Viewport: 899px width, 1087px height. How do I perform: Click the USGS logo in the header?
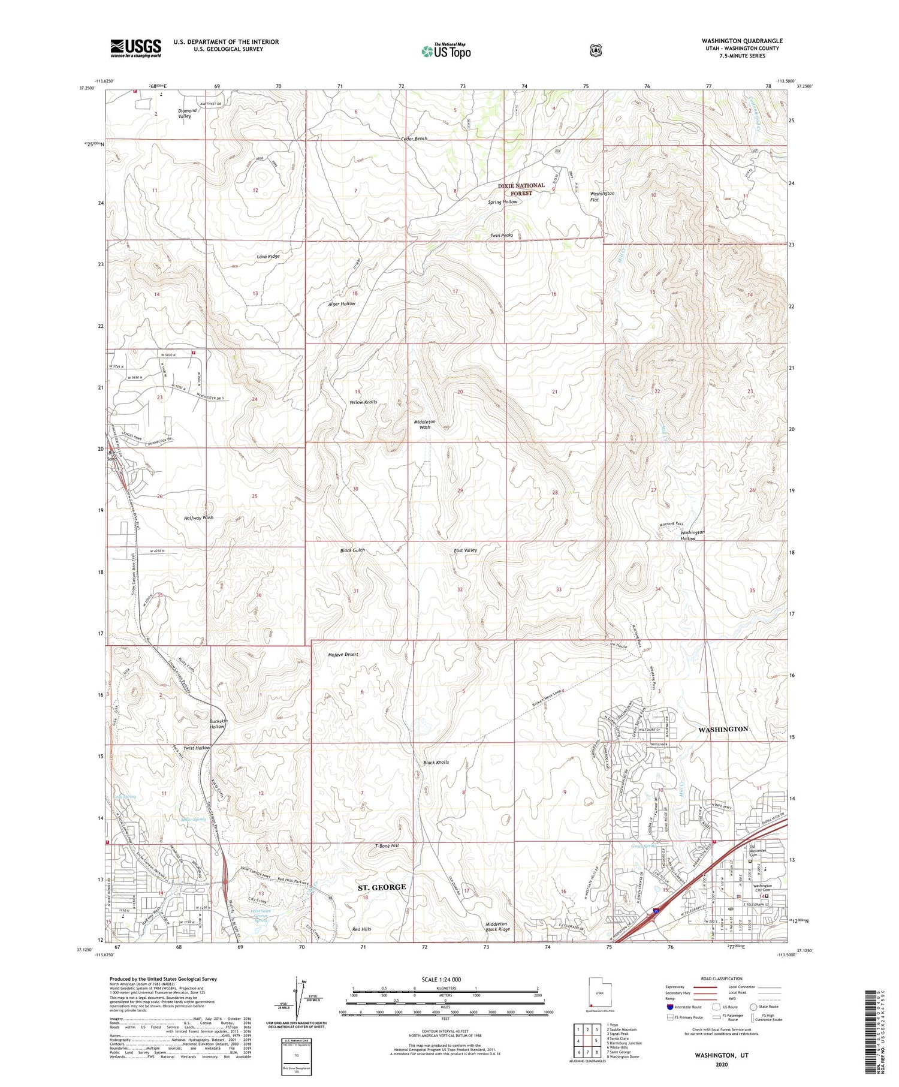135,48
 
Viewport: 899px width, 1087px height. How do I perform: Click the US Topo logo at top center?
446,51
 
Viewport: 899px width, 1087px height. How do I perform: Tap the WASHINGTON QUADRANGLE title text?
742,41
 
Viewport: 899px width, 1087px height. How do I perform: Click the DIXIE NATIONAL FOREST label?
521,189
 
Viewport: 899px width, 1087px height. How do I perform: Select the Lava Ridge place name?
268,256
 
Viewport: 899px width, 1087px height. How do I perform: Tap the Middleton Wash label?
425,424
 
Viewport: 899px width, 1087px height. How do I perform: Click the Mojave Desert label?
343,654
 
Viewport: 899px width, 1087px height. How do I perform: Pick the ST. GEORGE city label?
382,887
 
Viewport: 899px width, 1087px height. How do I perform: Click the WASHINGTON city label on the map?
723,729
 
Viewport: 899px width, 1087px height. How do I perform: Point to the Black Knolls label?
436,762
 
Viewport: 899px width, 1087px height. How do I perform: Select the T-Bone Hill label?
386,845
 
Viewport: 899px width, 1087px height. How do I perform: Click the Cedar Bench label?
414,138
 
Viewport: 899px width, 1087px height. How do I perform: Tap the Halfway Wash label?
198,517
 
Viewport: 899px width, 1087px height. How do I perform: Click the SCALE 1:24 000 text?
445,979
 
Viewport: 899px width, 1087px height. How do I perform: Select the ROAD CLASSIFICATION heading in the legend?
725,978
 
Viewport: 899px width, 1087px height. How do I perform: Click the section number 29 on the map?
460,491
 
